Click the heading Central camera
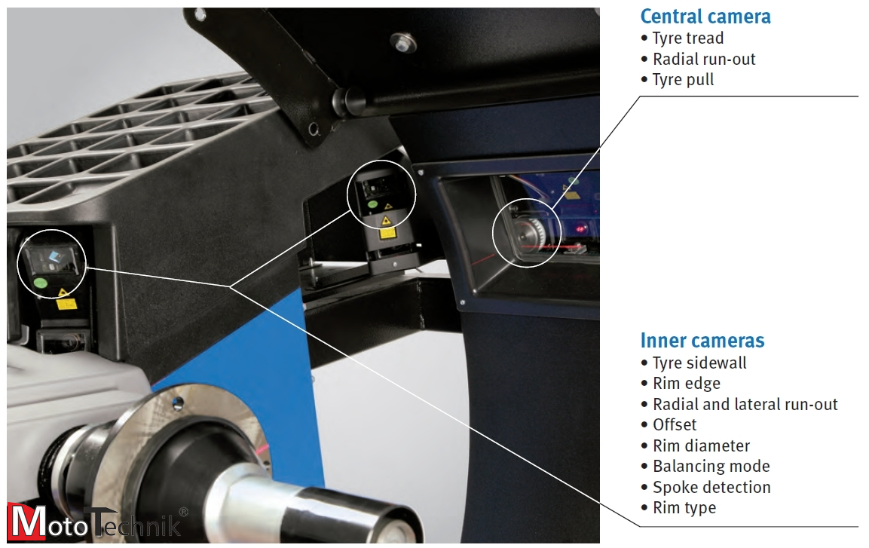[705, 17]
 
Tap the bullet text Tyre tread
[688, 38]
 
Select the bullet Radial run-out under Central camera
[704, 59]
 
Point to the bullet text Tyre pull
[683, 80]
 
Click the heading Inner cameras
[702, 340]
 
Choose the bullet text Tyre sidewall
[699, 363]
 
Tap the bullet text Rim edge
[686, 384]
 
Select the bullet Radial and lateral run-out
[745, 405]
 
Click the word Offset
[675, 425]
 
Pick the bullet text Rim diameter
[701, 446]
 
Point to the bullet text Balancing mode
[711, 467]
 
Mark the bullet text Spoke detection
[711, 488]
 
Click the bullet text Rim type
[684, 508]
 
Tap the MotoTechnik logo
[97, 522]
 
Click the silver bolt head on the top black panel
[403, 42]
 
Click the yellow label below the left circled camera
[66, 304]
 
